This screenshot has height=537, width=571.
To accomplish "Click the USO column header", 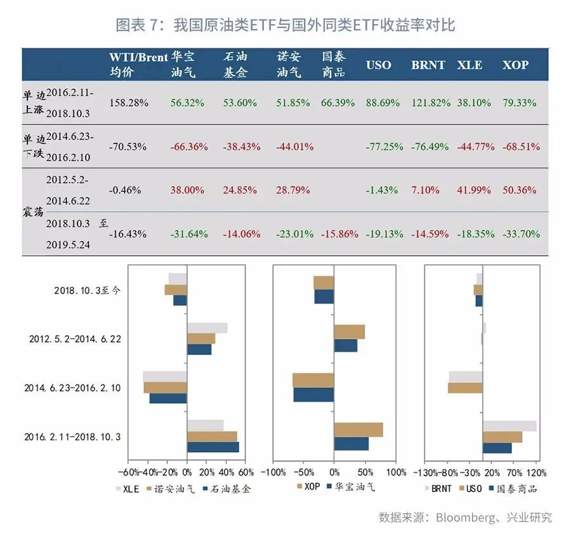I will [379, 65].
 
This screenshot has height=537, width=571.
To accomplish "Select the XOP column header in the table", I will [515, 65].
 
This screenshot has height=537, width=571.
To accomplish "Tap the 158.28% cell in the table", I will [129, 102].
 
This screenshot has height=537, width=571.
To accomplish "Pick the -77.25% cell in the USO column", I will [384, 147].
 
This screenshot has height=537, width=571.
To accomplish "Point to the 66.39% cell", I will [338, 102].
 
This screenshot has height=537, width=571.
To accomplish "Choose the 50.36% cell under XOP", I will [519, 190].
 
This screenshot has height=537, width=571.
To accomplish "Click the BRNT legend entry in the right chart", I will [441, 489].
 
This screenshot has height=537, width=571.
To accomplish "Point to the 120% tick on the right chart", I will [536, 473].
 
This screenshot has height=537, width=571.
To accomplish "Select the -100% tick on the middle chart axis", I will [273, 473].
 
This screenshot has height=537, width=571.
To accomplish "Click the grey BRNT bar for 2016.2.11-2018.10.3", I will [509, 426].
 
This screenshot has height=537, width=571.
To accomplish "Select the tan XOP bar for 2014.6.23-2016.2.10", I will [313, 380].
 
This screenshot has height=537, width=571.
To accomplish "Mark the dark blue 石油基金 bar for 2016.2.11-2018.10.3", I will [213, 447].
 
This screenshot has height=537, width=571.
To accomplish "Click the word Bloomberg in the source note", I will [466, 517].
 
